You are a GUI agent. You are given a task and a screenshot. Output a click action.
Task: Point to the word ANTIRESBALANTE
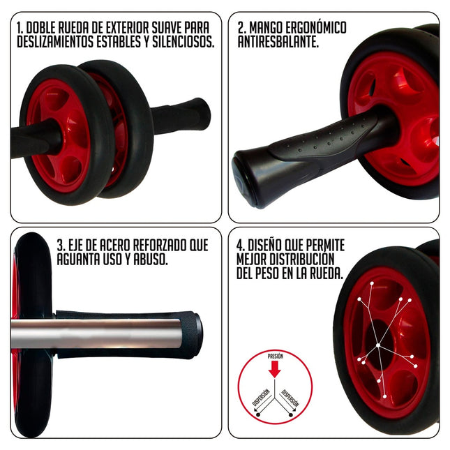[278, 42]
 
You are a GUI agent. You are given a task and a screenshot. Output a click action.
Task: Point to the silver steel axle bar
[105, 333]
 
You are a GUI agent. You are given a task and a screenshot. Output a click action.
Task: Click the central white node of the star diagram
[377, 345]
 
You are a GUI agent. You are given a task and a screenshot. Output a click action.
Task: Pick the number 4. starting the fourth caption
[240, 246]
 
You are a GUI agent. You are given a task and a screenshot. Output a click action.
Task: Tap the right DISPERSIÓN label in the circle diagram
[291, 397]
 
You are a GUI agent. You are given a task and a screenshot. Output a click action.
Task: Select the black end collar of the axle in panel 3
[196, 333]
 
